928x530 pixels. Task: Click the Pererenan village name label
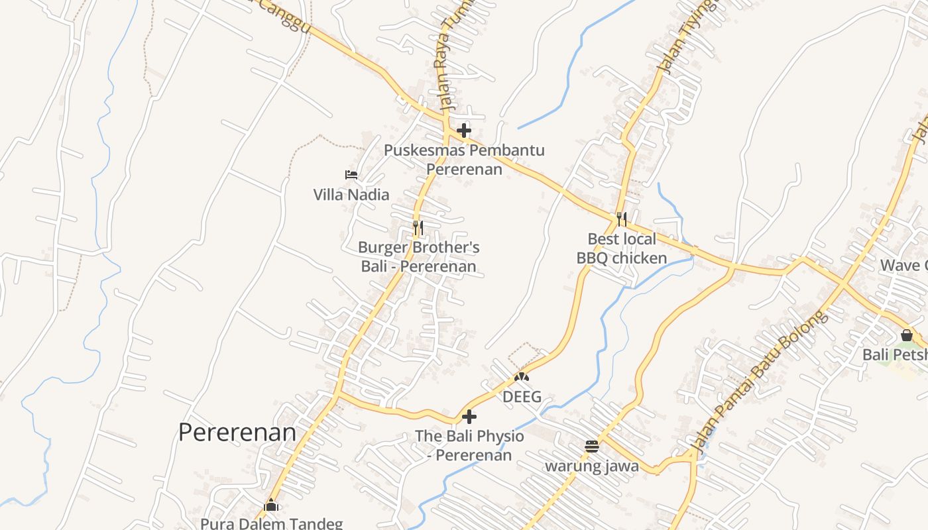click(237, 432)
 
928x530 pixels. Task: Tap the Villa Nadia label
click(351, 195)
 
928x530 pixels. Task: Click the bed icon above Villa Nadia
click(351, 175)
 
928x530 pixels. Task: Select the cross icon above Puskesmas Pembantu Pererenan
click(464, 131)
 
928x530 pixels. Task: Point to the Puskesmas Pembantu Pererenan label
click(464, 160)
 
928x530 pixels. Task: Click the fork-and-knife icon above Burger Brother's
click(418, 228)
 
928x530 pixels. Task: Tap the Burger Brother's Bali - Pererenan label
click(419, 257)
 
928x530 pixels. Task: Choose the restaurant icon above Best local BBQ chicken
click(621, 219)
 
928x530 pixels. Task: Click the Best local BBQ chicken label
click(622, 248)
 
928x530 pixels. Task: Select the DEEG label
click(522, 397)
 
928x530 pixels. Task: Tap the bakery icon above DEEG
click(522, 377)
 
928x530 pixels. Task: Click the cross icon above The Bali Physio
click(469, 417)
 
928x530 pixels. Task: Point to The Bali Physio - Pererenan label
click(469, 446)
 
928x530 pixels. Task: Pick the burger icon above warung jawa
click(592, 447)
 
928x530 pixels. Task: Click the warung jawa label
click(592, 466)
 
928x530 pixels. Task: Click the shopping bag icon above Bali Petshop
click(906, 336)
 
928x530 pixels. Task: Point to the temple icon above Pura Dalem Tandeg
click(271, 505)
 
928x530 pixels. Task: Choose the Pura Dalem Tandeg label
click(272, 523)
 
